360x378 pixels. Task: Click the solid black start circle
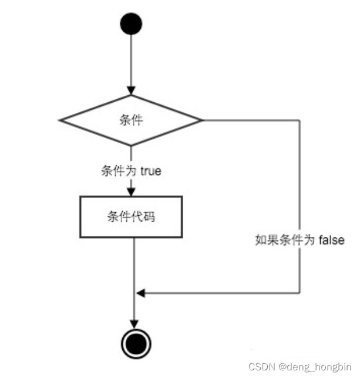tap(131, 24)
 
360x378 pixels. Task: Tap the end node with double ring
tap(134, 341)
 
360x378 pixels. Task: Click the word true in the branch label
tap(150, 172)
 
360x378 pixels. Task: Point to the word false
tap(332, 239)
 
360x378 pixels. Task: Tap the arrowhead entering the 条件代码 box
tap(131, 192)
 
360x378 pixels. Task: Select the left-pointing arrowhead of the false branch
tap(140, 292)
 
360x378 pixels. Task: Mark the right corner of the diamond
tap(201, 121)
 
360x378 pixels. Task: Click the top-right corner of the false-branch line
tap(300, 121)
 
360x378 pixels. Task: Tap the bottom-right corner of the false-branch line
tap(300, 292)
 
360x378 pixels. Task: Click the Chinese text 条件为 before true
tap(119, 172)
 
